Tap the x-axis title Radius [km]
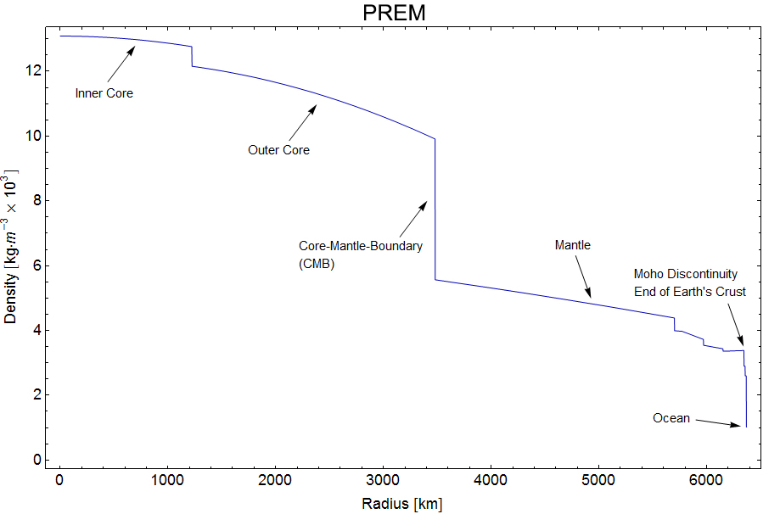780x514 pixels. click(401, 504)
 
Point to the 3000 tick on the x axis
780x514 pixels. click(383, 481)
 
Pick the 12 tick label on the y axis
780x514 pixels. click(33, 71)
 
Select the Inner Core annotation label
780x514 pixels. click(104, 93)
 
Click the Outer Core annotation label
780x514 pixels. click(278, 150)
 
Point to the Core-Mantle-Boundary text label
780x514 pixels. click(361, 245)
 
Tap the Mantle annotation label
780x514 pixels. click(572, 245)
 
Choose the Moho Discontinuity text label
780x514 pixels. click(686, 274)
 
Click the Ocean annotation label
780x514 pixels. click(671, 418)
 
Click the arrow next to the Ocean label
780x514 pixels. click(718, 422)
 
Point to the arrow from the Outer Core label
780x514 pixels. click(301, 122)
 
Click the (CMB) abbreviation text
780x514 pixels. click(317, 264)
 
